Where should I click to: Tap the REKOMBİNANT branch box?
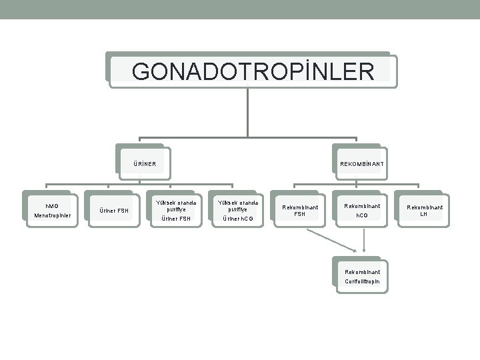361,163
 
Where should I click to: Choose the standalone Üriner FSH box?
113,211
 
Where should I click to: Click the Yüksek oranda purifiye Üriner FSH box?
176,210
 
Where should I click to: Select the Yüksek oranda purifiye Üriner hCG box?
239,210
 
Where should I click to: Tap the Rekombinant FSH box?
300,211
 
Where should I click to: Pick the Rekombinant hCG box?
363,211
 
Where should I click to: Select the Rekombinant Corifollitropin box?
363,276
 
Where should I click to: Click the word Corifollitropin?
363,281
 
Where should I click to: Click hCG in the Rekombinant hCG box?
363,215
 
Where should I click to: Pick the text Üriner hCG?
239,218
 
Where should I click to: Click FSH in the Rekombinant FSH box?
300,214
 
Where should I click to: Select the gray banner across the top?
240,9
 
